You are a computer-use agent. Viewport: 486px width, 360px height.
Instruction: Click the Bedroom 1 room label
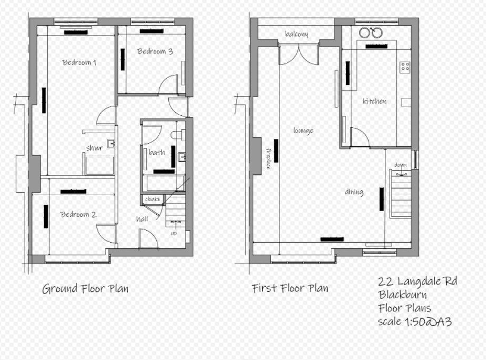(79, 62)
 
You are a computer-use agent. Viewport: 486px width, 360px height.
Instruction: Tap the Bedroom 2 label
(78, 214)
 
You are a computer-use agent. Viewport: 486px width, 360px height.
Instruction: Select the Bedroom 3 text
(155, 51)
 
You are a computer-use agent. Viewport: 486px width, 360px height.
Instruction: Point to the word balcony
(296, 34)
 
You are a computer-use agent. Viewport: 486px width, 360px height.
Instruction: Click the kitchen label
(374, 101)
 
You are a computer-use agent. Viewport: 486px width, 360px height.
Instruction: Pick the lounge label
(303, 130)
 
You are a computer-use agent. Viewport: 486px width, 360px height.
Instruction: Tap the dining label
(354, 192)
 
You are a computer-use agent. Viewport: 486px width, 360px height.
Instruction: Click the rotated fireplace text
(268, 158)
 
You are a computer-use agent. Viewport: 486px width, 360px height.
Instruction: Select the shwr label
(94, 148)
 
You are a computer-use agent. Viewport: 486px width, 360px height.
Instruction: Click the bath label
(157, 152)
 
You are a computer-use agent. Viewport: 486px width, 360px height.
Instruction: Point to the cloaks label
(153, 200)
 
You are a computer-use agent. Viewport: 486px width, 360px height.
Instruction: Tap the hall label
(143, 219)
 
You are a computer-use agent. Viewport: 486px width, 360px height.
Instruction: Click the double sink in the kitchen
(371, 33)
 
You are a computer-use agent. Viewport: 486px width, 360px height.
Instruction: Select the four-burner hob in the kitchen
(405, 67)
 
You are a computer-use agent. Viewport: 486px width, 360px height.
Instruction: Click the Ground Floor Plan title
(85, 289)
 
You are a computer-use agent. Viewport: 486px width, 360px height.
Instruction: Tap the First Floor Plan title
(290, 288)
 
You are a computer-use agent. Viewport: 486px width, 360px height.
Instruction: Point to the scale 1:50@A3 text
(414, 321)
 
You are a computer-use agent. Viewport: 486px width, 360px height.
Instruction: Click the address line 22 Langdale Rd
(417, 281)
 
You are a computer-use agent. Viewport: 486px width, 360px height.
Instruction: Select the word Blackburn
(402, 294)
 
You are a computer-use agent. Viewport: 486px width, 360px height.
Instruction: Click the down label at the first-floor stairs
(400, 166)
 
